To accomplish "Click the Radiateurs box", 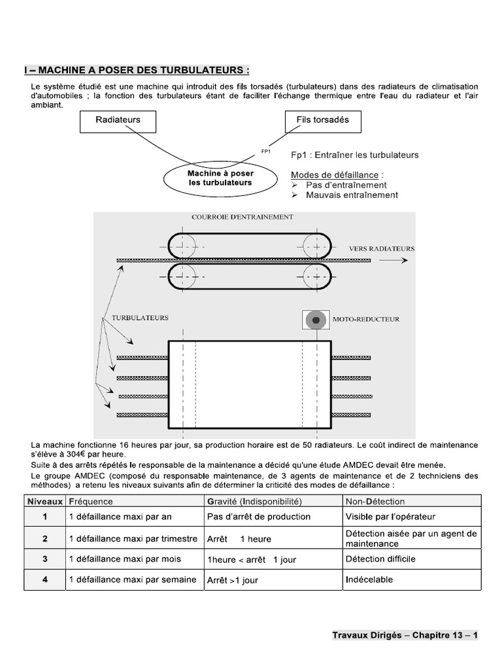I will tap(118, 120).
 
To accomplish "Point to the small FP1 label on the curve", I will tap(266, 151).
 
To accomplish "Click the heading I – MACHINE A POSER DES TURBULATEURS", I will tap(137, 70).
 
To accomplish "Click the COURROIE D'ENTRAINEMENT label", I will tap(243, 216).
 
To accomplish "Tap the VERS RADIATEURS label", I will tap(381, 249).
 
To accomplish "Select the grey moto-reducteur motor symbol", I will tap(316, 320).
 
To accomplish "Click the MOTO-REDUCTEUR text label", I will tap(366, 320).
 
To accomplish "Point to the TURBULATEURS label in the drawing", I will tap(140, 318).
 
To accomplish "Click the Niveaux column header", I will tap(45, 502).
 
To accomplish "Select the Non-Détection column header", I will tap(375, 502).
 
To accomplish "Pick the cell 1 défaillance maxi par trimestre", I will tap(133, 539).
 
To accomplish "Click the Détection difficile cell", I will tap(380, 559).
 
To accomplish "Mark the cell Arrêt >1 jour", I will tap(233, 580).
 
